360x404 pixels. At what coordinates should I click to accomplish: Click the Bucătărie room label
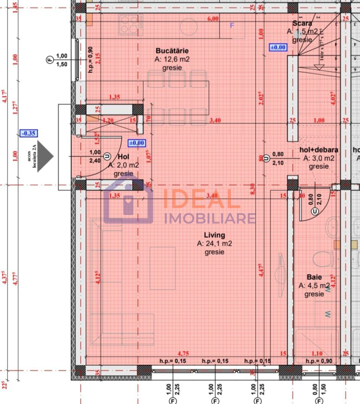172,51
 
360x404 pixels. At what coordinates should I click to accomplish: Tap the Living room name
214,235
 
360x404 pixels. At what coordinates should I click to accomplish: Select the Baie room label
314,277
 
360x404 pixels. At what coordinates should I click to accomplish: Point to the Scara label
303,24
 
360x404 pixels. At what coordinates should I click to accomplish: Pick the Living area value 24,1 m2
214,243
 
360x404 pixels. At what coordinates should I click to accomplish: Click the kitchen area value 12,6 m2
172,59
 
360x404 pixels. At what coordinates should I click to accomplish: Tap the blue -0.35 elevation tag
29,133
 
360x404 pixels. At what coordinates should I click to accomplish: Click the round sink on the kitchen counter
190,27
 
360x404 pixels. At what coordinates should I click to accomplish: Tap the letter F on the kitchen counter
232,26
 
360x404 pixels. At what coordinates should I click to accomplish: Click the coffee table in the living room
162,268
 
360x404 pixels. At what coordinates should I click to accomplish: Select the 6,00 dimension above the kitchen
213,18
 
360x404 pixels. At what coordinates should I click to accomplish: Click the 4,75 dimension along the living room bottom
184,353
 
